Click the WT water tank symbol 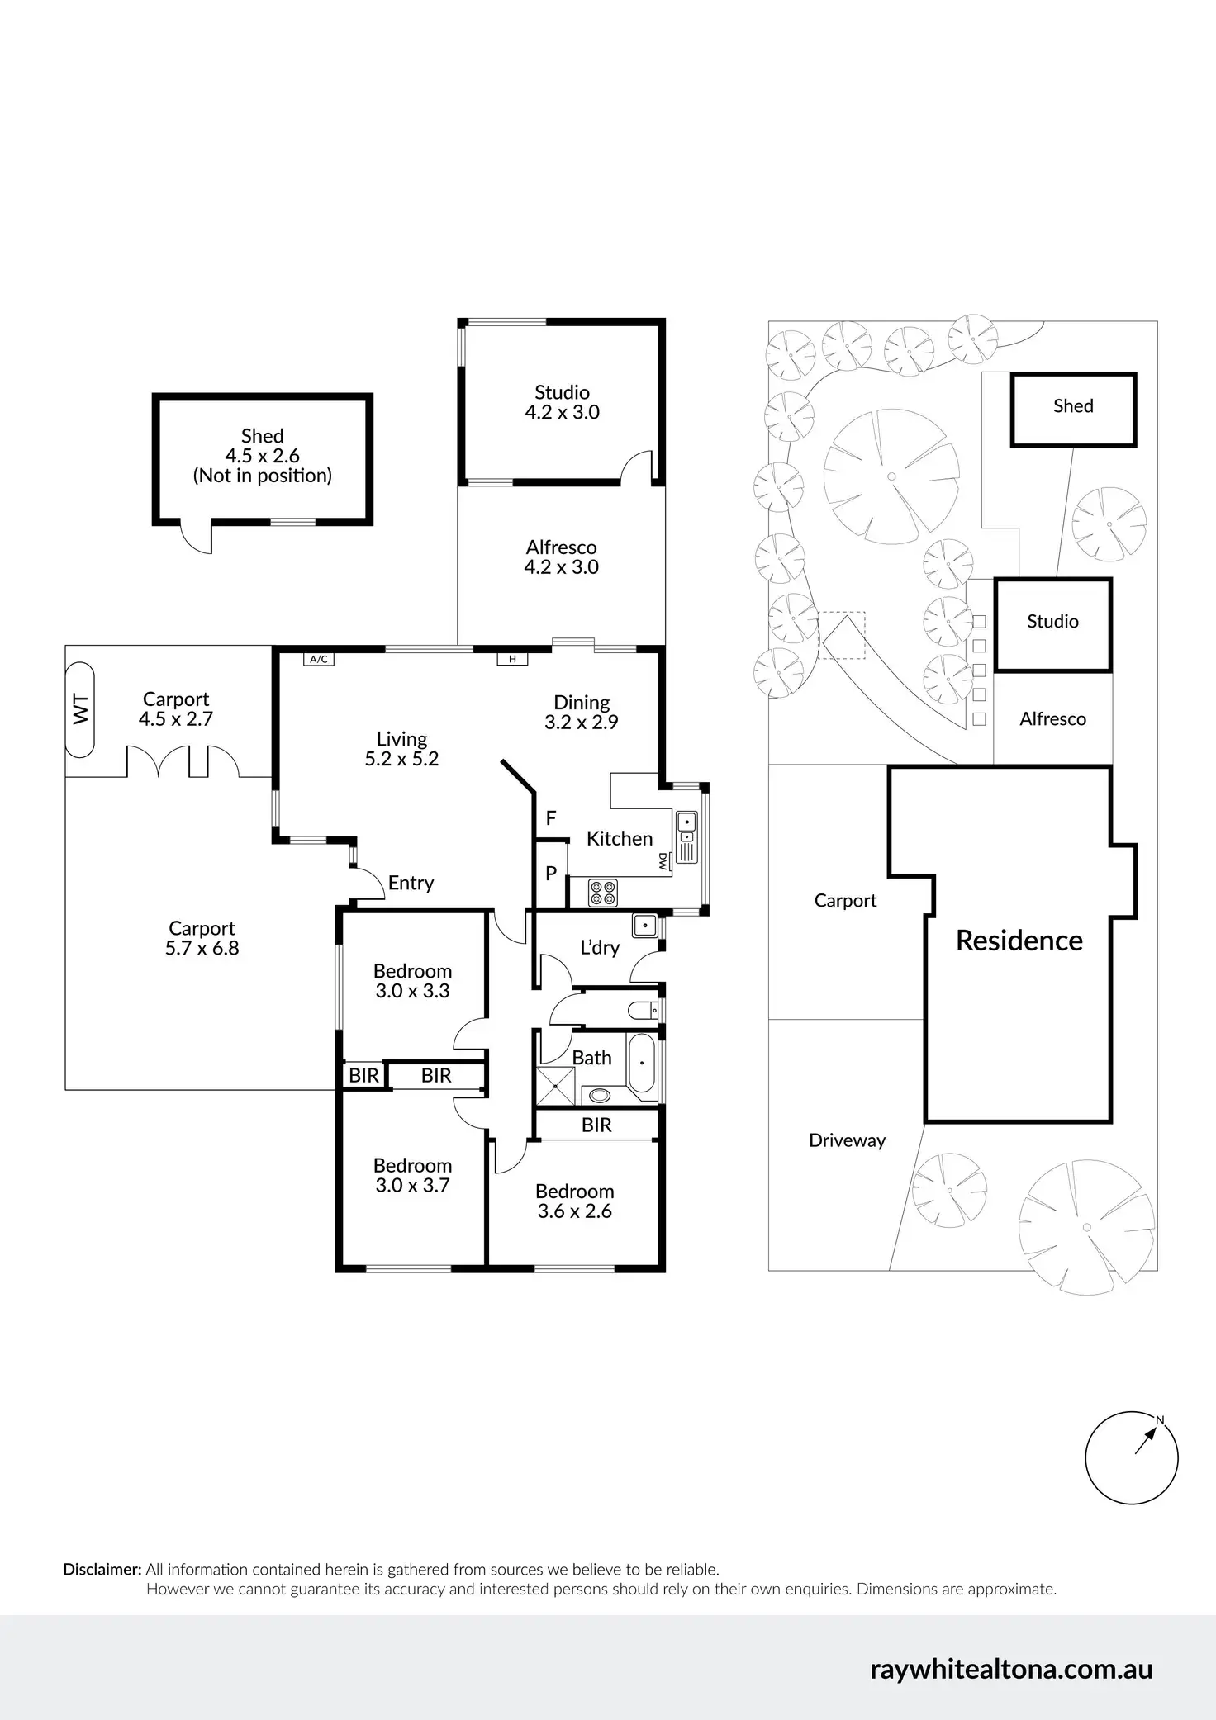tap(80, 710)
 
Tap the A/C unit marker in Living tap(319, 659)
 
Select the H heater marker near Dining tap(512, 659)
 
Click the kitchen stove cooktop tap(602, 893)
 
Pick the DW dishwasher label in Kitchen tap(663, 863)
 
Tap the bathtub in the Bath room tap(642, 1064)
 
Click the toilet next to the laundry tap(644, 1009)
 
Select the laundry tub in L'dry tap(644, 926)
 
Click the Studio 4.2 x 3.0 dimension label tap(562, 412)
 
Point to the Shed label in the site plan tap(1073, 405)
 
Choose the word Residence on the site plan tap(1019, 941)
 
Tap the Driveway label tap(847, 1140)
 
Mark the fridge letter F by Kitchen tap(551, 817)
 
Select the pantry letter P tap(551, 873)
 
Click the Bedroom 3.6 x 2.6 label tap(574, 1201)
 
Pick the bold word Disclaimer tap(102, 1570)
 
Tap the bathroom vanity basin tap(600, 1096)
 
